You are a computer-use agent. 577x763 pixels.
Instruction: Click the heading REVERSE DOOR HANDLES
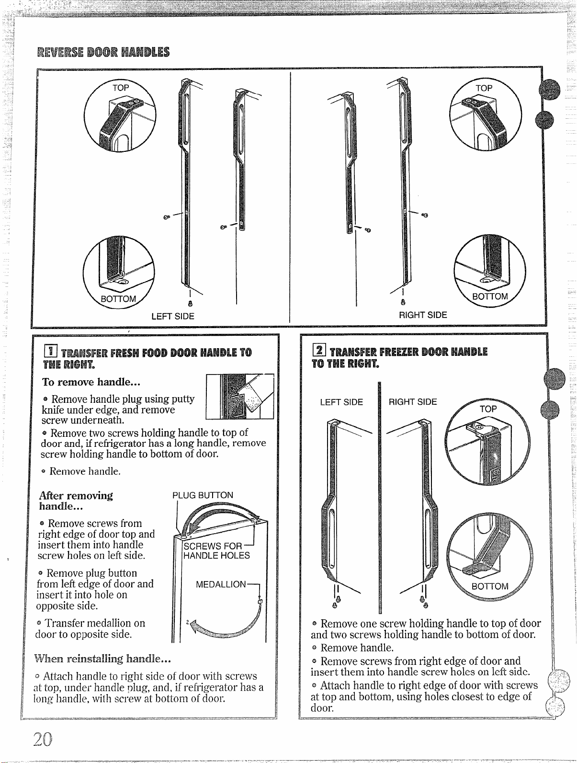click(103, 52)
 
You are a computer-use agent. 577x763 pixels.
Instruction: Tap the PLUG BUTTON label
click(203, 495)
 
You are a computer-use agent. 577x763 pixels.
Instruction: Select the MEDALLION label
click(221, 584)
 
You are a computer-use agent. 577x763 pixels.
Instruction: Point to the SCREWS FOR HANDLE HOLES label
click(216, 551)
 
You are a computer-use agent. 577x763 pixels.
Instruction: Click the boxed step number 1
click(50, 351)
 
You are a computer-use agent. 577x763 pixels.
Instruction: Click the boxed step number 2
click(319, 350)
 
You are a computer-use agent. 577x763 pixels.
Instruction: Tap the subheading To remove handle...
click(91, 382)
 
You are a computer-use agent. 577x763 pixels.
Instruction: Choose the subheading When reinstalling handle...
click(102, 658)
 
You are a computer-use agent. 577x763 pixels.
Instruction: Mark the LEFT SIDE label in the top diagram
click(173, 316)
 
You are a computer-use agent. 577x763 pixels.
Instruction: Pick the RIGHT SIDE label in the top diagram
click(423, 315)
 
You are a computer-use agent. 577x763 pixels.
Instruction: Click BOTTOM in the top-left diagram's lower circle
click(118, 298)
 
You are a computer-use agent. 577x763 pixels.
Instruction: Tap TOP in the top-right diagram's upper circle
click(484, 88)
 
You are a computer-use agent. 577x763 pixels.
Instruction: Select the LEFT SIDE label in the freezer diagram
click(341, 402)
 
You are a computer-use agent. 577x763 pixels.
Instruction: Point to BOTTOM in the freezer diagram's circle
click(490, 586)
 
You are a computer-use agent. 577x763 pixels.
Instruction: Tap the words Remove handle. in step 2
click(357, 648)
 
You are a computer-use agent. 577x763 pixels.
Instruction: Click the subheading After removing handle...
click(76, 501)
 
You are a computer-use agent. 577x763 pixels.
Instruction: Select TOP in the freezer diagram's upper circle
click(488, 409)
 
